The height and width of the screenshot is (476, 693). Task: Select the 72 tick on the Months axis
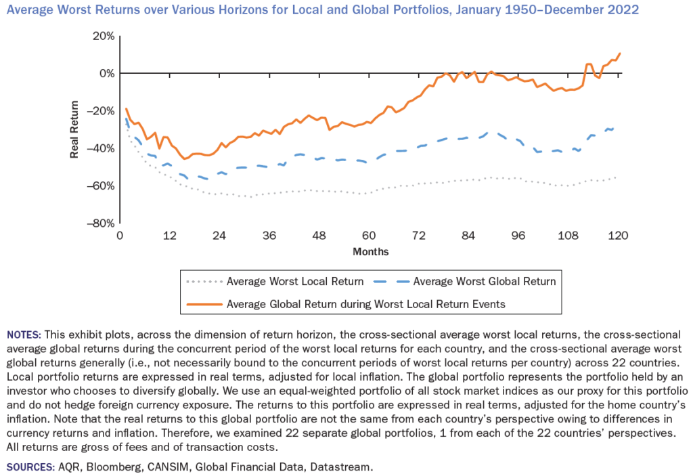pyautogui.click(x=418, y=236)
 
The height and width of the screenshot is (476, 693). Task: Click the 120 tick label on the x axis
pyautogui.click(x=618, y=236)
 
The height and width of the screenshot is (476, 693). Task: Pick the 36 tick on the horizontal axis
pyautogui.click(x=269, y=236)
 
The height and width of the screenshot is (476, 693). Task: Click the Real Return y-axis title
pyautogui.click(x=74, y=129)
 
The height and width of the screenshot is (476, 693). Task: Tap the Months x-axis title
pyautogui.click(x=370, y=251)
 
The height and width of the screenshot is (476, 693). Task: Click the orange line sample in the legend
pyautogui.click(x=204, y=304)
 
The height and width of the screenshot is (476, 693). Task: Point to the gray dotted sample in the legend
pyautogui.click(x=204, y=282)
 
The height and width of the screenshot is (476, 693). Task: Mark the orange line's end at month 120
pyautogui.click(x=619, y=53)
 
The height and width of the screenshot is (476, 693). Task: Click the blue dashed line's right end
pyautogui.click(x=613, y=128)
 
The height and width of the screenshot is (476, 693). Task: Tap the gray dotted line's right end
pyautogui.click(x=616, y=177)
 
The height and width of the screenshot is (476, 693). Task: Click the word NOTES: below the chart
pyautogui.click(x=24, y=334)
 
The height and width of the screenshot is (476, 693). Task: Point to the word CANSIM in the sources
pyautogui.click(x=158, y=467)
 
